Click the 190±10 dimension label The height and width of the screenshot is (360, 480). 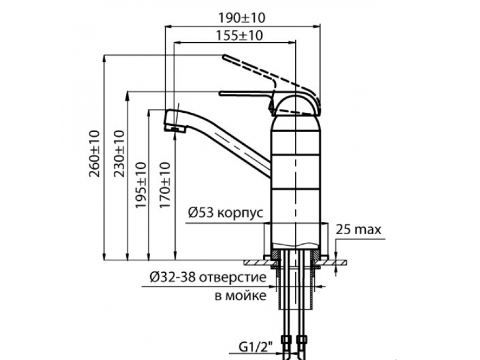[x=241, y=18]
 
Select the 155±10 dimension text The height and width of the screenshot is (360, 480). [x=240, y=36]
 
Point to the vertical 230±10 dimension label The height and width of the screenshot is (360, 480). [x=119, y=154]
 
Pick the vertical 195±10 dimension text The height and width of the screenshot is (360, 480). [x=141, y=185]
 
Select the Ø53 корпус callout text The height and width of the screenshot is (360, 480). [x=226, y=212]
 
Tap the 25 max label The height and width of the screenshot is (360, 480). [x=359, y=229]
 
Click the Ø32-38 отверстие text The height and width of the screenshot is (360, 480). [x=208, y=277]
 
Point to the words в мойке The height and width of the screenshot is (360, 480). [x=240, y=296]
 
